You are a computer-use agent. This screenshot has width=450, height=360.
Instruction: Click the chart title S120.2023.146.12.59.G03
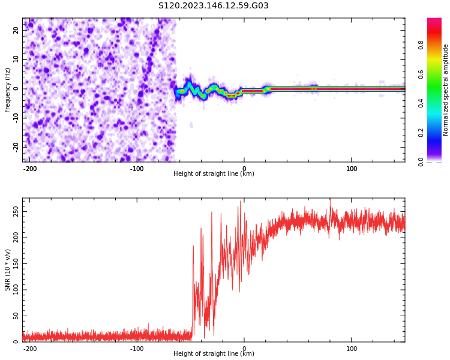coord(213,6)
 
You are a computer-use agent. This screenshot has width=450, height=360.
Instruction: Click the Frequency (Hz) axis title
coord(8,90)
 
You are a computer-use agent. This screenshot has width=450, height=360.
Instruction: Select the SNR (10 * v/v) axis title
coord(8,270)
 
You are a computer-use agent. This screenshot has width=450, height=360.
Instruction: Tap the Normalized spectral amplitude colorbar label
coord(446,90)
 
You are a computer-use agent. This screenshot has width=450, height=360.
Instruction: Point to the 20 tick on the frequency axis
coord(17,31)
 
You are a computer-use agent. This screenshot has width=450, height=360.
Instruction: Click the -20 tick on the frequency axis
coord(17,146)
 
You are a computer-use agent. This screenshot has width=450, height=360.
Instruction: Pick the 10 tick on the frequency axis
coord(17,59)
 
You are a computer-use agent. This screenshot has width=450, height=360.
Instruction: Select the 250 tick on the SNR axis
coord(16,213)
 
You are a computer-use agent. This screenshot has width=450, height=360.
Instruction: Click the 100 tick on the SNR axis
coord(16,290)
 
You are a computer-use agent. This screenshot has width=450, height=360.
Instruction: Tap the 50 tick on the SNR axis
coord(16,316)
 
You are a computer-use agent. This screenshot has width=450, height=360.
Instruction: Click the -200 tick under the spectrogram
coord(29,169)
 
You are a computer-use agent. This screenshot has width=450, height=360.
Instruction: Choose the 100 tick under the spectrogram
coord(352,169)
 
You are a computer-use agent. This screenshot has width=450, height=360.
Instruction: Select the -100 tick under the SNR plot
coord(137,349)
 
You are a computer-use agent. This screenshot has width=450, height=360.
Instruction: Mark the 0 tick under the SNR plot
coord(244,349)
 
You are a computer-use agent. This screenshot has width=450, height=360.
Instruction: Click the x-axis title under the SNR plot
coord(214,354)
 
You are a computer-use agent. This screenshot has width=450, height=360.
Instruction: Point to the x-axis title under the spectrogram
coord(214,174)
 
